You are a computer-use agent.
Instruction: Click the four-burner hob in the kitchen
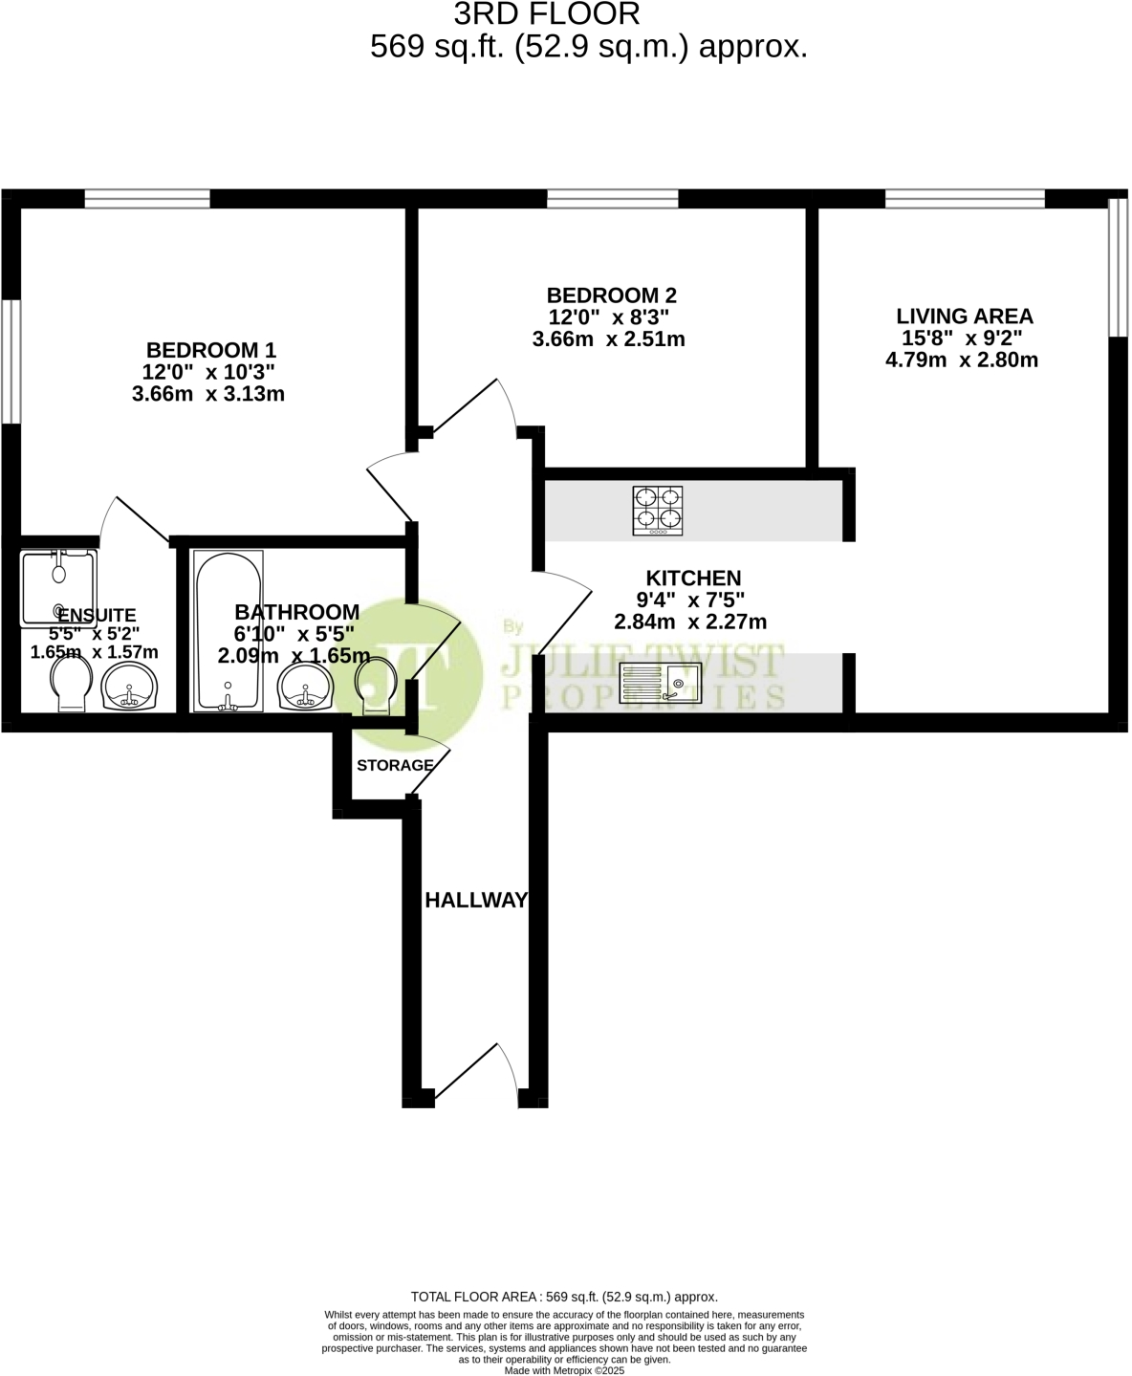click(658, 511)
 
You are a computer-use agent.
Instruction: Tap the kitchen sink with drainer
click(661, 683)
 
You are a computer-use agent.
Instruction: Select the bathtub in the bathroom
click(229, 631)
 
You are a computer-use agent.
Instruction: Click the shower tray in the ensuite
click(58, 588)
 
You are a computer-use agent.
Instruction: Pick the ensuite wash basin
click(129, 687)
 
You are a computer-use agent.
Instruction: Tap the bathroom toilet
click(376, 685)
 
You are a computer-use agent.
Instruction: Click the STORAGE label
click(396, 765)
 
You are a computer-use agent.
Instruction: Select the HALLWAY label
click(476, 901)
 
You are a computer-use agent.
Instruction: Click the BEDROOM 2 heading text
click(611, 295)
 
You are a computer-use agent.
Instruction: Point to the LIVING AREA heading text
click(965, 317)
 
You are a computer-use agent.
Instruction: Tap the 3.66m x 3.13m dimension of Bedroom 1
click(208, 394)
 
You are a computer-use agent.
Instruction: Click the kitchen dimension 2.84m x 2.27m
click(690, 622)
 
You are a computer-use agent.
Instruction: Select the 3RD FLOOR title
click(547, 14)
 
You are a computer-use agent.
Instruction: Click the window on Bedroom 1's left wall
click(11, 362)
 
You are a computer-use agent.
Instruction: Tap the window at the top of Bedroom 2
click(613, 199)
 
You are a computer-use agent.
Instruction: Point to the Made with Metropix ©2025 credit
click(564, 1371)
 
